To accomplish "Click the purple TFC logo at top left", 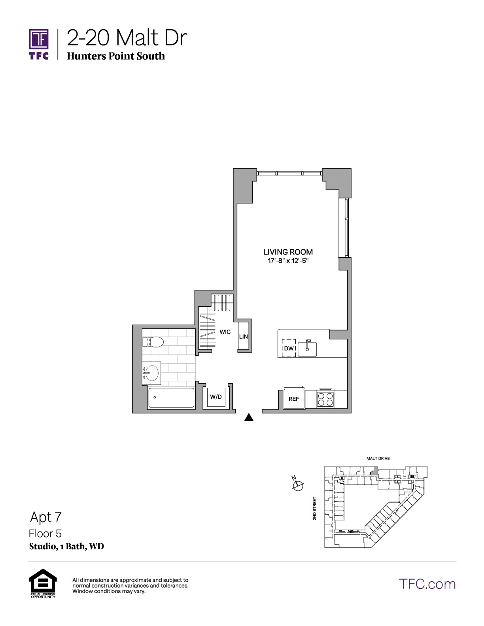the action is [39, 44].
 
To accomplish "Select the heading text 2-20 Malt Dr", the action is [127, 38].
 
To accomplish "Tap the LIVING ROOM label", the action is [288, 252].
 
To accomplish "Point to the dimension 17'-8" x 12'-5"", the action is [288, 261].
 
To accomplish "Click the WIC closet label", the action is [225, 332].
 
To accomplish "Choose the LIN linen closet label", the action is [244, 336].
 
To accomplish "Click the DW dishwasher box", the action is [289, 348].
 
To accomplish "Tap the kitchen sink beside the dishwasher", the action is [307, 349].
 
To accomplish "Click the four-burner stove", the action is [325, 399].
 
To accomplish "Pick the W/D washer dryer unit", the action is [216, 397].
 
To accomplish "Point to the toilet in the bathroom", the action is [153, 342].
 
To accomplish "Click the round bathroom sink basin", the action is [151, 373].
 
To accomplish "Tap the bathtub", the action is [171, 398].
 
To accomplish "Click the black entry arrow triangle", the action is [249, 417].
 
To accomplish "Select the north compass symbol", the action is [298, 485].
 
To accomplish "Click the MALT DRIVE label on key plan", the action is [378, 458].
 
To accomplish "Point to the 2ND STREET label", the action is [314, 509].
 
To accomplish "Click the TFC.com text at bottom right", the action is [427, 584].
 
